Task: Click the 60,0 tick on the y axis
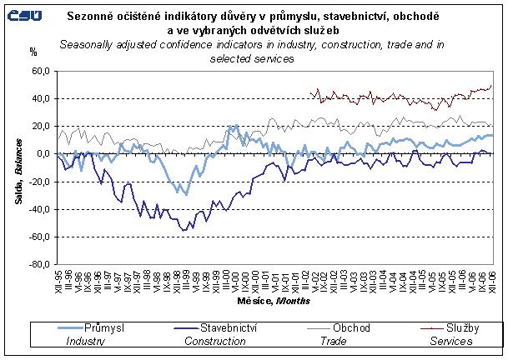[x=39, y=71]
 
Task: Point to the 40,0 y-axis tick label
[x=39, y=98]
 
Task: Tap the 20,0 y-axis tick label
[x=39, y=126]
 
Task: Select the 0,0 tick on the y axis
[x=42, y=153]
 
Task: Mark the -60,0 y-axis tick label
[x=38, y=237]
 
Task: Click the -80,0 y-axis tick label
[x=38, y=264]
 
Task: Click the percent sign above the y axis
[x=33, y=52]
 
